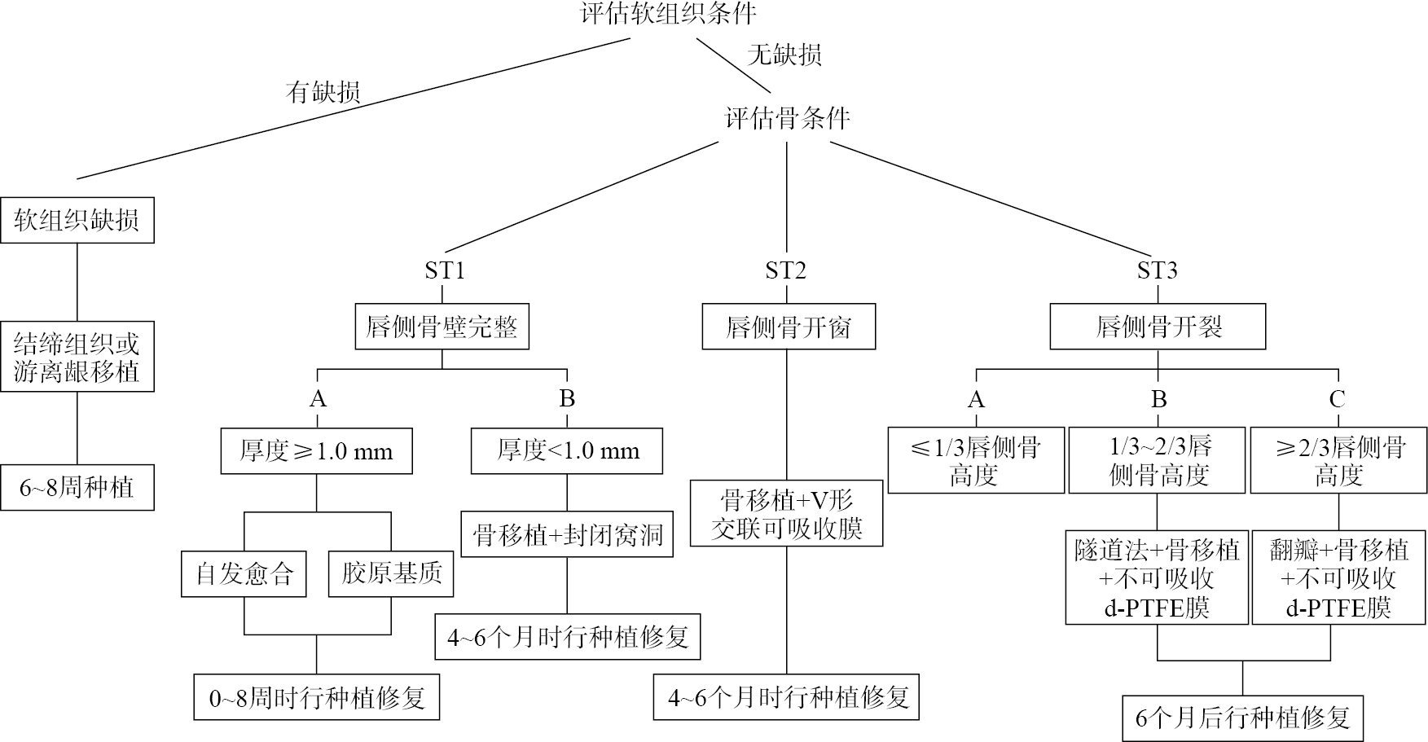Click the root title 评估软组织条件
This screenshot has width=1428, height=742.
point(668,13)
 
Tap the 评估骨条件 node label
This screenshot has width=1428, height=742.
point(787,119)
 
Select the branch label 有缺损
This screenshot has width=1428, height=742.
point(323,93)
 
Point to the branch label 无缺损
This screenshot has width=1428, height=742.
point(784,55)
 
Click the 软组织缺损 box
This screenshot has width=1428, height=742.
point(77,220)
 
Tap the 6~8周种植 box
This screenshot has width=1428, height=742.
point(77,488)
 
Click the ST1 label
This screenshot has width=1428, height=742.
point(445,270)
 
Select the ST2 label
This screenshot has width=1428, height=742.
point(785,270)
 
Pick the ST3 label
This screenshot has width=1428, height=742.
point(1157,270)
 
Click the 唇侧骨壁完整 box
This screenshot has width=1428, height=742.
point(442,327)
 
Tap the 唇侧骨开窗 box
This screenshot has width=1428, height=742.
point(789,327)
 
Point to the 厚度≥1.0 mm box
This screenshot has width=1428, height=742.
point(316,451)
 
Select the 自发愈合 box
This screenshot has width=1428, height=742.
point(244,574)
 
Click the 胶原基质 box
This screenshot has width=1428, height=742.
point(391,574)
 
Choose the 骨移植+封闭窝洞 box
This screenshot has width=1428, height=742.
point(567,535)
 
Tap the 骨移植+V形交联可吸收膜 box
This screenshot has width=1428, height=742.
point(787,513)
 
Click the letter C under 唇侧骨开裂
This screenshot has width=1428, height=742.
point(1337,399)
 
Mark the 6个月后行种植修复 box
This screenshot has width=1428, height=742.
point(1242,718)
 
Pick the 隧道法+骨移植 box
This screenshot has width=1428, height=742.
point(1157,578)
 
